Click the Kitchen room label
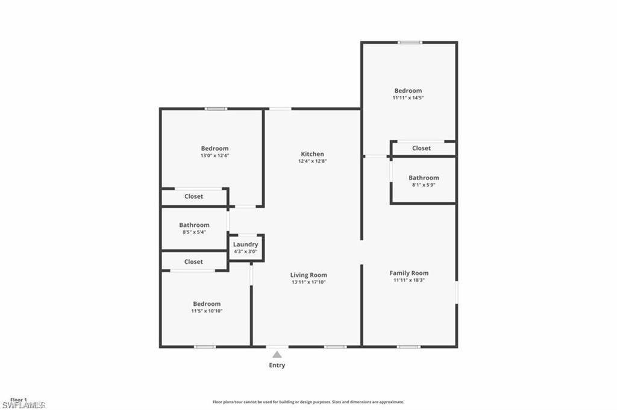click(x=312, y=154)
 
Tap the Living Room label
click(x=308, y=275)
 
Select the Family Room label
click(x=409, y=273)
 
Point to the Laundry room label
click(x=245, y=244)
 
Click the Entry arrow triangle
click(x=277, y=355)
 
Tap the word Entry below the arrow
click(x=277, y=365)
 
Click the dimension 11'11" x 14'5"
click(x=408, y=98)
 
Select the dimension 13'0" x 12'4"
click(x=215, y=155)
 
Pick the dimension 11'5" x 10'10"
click(x=207, y=311)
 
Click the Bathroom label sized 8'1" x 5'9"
click(x=424, y=178)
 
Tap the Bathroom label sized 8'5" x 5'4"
click(x=194, y=225)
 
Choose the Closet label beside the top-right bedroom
click(x=421, y=148)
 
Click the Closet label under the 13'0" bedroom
click(x=193, y=196)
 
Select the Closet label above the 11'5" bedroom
click(x=193, y=262)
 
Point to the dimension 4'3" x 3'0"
click(x=245, y=252)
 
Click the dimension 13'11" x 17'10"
click(x=308, y=282)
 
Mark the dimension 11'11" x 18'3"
click(x=409, y=280)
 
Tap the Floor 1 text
click(x=18, y=400)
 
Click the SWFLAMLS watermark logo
click(x=23, y=405)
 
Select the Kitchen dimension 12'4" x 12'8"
click(x=312, y=161)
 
